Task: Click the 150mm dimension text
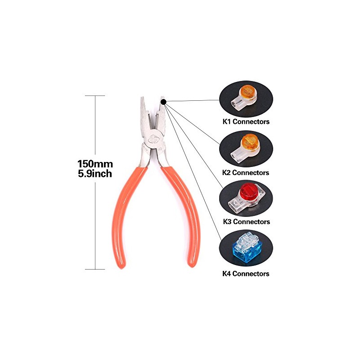coord(95,164)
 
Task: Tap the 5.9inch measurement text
coord(95,174)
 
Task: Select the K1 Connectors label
coord(246,121)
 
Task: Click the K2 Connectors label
coord(245,172)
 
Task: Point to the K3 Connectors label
coord(246,221)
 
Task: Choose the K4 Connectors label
coord(246,274)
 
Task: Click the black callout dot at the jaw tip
coord(163,102)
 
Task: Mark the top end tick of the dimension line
coord(95,95)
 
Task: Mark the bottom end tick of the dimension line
coord(95,269)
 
